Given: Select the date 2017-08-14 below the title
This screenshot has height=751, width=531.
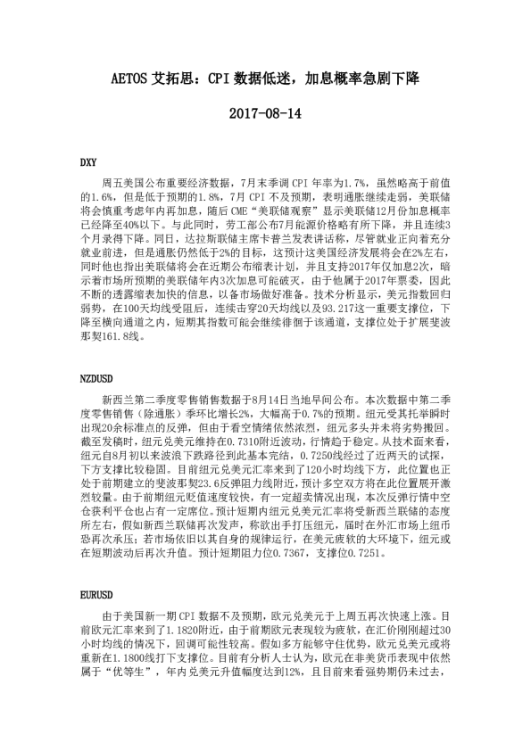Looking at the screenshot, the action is pos(265,114).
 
